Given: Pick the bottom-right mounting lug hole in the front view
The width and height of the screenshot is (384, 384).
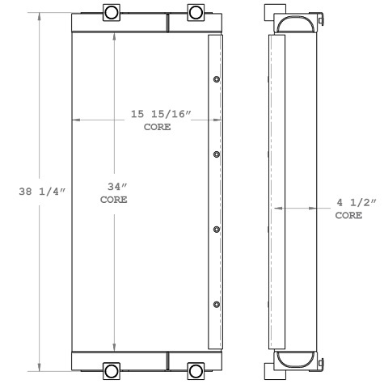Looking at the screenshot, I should click(x=196, y=371).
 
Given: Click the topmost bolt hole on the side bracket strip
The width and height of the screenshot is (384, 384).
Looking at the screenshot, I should click(x=217, y=79).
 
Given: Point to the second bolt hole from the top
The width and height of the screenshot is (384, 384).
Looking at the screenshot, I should click(x=217, y=154).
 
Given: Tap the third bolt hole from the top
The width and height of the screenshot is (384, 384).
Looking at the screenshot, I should click(x=217, y=230).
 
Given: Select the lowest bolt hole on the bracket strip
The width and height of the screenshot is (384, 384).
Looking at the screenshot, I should click(x=217, y=304).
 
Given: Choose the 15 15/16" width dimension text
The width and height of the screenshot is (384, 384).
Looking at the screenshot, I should click(x=160, y=114).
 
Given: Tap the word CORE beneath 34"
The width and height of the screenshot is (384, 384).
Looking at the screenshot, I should click(x=113, y=200).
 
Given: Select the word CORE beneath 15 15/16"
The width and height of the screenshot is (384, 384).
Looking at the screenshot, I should click(x=157, y=127).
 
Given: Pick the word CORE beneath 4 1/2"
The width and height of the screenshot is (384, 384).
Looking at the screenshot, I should click(x=349, y=216).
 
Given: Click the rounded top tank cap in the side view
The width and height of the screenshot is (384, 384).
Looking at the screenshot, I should click(x=295, y=27).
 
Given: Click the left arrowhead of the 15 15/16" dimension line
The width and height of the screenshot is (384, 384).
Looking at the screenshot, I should click(x=76, y=120).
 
